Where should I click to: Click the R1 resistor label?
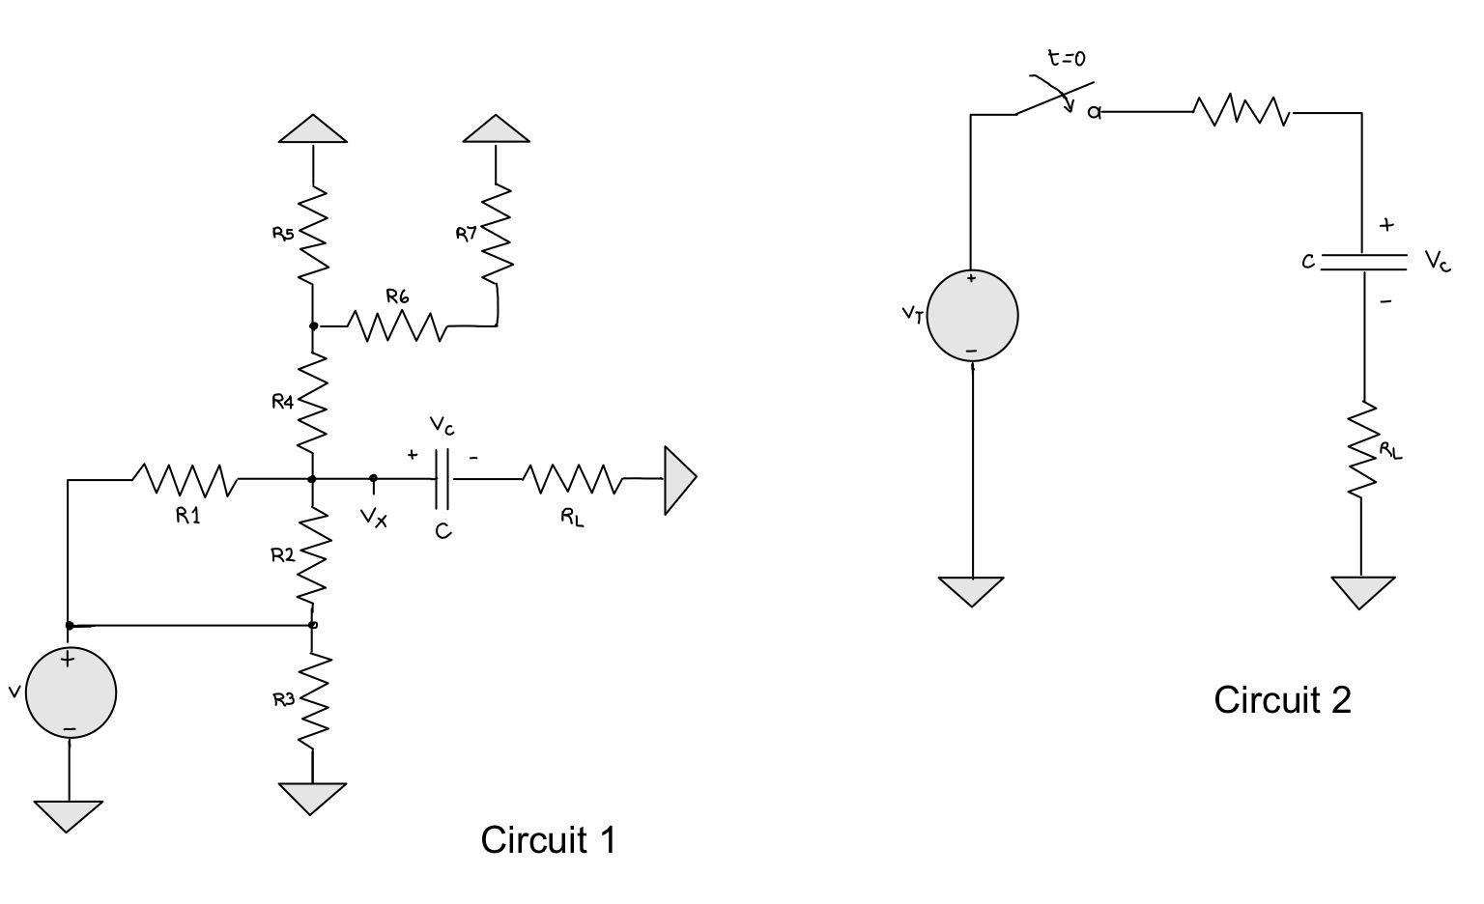[x=187, y=516]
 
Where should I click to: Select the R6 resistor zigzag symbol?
[x=396, y=326]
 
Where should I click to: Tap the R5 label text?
[x=282, y=233]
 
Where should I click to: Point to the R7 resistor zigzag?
[x=496, y=232]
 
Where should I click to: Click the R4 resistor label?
[x=282, y=402]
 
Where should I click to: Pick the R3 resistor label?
[x=282, y=699]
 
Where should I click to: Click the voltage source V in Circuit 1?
[x=71, y=692]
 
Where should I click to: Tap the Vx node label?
[x=374, y=519]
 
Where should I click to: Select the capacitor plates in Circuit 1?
[x=442, y=478]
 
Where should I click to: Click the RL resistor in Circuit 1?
[x=572, y=479]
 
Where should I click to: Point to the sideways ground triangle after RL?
[x=679, y=479]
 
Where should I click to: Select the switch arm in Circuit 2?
[x=1053, y=98]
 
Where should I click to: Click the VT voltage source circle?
[x=972, y=316]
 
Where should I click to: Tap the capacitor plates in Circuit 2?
[x=1362, y=261]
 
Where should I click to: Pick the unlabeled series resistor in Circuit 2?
[x=1242, y=112]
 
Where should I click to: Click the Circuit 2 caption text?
[x=1282, y=699]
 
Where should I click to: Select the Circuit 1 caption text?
[x=548, y=839]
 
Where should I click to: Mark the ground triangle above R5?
[x=313, y=129]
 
